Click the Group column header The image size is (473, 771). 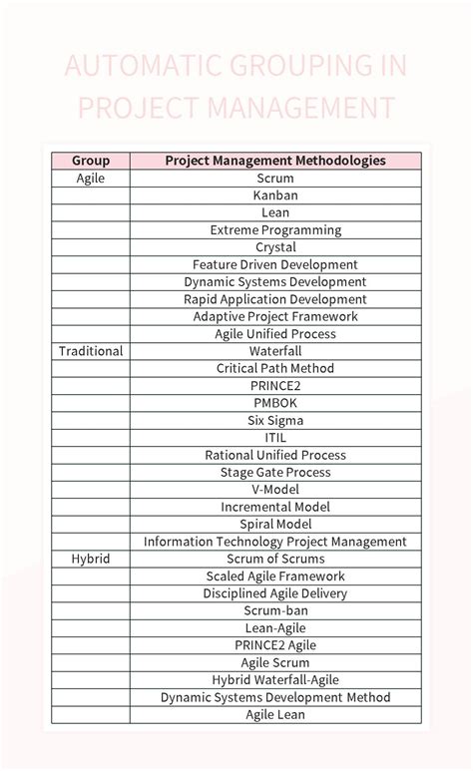pyautogui.click(x=91, y=161)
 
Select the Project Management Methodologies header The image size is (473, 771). pyautogui.click(x=275, y=161)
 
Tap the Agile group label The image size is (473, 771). pyautogui.click(x=91, y=178)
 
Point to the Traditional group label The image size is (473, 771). pyautogui.click(x=91, y=351)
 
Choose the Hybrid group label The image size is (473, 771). pyautogui.click(x=91, y=559)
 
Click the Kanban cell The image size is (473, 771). pyautogui.click(x=275, y=195)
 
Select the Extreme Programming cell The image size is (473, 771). pyautogui.click(x=275, y=229)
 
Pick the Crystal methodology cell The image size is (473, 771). pyautogui.click(x=275, y=247)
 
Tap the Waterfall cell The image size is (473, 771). pyautogui.click(x=275, y=351)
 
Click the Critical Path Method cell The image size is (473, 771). pyautogui.click(x=275, y=368)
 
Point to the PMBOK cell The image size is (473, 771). pyautogui.click(x=275, y=403)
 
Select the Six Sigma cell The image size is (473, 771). pyautogui.click(x=275, y=420)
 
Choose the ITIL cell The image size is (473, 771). pyautogui.click(x=275, y=437)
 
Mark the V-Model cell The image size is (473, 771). pyautogui.click(x=275, y=490)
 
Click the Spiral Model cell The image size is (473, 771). pyautogui.click(x=275, y=524)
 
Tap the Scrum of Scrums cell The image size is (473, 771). pyautogui.click(x=275, y=559)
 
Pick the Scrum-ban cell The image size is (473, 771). pyautogui.click(x=275, y=610)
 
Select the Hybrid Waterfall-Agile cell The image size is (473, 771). pyautogui.click(x=275, y=679)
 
